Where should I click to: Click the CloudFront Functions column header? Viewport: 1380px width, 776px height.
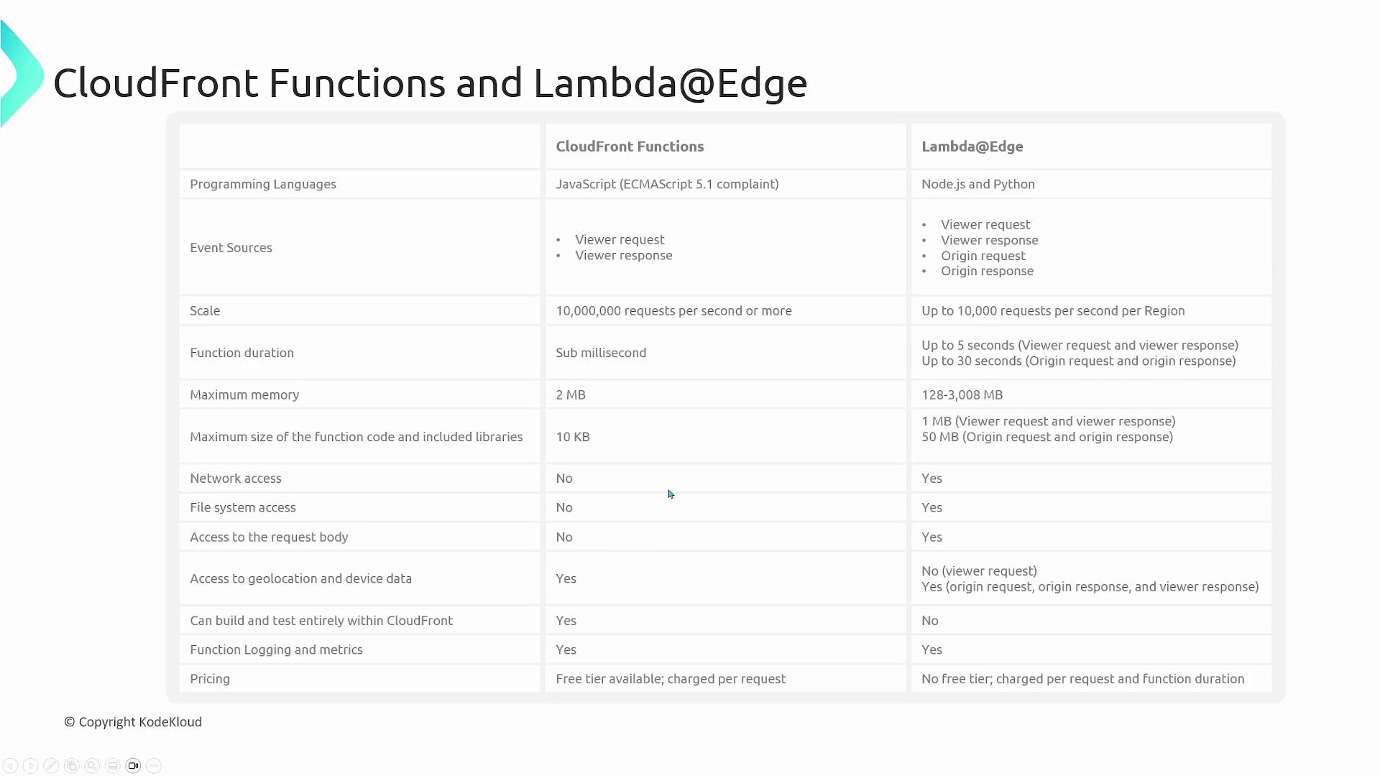click(630, 147)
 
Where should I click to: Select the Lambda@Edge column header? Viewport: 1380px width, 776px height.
click(972, 147)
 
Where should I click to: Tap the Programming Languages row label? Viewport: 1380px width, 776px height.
click(263, 184)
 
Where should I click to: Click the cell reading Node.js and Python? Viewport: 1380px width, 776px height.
click(977, 184)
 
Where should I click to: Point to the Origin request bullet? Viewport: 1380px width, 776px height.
click(983, 256)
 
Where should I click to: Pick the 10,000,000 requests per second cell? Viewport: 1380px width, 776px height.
click(673, 311)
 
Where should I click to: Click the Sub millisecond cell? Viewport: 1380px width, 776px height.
click(601, 353)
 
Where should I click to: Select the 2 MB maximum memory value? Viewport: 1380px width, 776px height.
click(571, 395)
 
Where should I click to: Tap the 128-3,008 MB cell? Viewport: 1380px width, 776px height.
click(962, 395)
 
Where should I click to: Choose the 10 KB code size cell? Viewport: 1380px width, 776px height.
click(573, 437)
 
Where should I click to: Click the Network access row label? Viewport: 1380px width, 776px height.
click(236, 479)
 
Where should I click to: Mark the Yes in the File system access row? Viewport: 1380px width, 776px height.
click(931, 508)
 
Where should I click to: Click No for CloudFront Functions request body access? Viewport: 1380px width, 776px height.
click(564, 537)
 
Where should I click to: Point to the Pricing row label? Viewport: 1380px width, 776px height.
click(210, 679)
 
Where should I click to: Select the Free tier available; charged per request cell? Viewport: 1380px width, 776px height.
click(671, 679)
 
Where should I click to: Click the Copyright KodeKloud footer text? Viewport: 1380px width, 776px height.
click(134, 722)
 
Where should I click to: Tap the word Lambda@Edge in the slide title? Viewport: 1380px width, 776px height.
click(670, 83)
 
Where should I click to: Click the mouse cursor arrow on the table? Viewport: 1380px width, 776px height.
click(671, 494)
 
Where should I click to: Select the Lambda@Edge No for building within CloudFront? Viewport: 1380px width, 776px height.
click(930, 621)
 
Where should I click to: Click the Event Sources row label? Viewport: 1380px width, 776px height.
click(231, 248)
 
